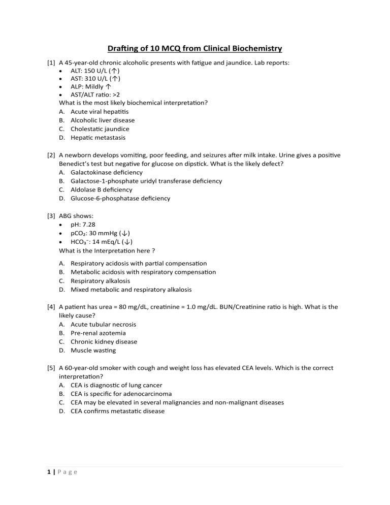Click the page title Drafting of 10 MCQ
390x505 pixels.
195,48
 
